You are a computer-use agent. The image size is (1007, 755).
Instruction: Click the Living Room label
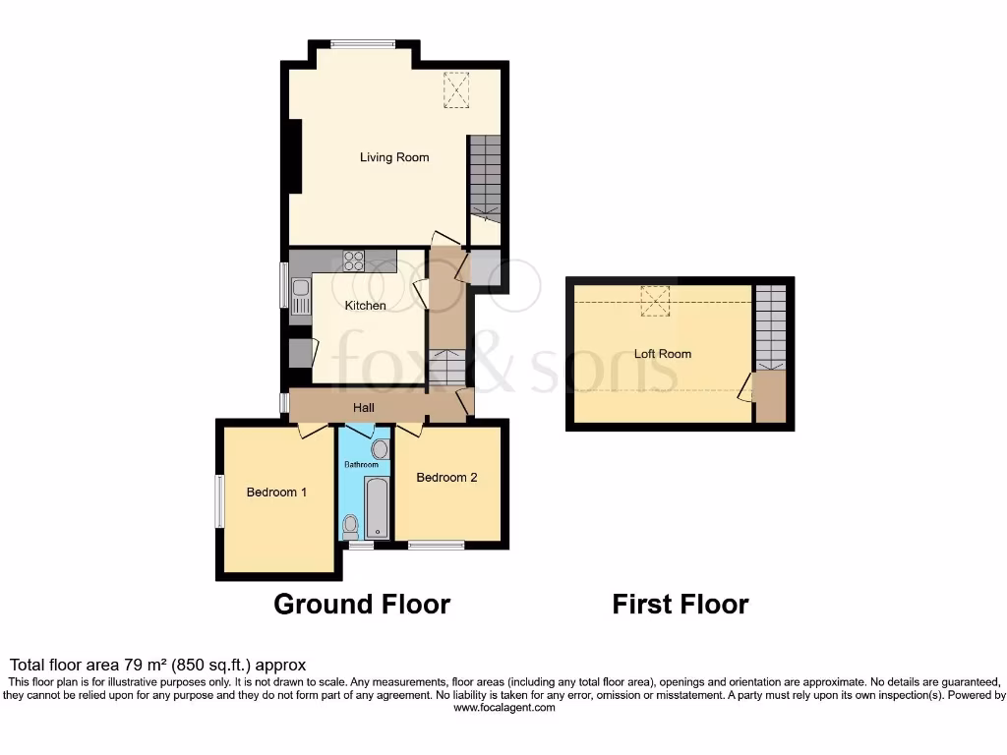(394, 157)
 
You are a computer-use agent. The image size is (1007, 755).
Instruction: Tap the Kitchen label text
(365, 306)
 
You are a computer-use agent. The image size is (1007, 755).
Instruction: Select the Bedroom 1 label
(276, 492)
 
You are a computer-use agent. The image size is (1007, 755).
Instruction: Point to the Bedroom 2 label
(446, 478)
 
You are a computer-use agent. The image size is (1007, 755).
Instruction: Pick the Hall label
(364, 407)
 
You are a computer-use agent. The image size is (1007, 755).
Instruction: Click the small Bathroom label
(361, 464)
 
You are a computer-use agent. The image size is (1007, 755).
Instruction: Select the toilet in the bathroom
(351, 527)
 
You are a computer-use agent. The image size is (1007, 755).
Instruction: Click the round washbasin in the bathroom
(380, 449)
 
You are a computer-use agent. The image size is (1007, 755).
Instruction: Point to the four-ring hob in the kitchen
(353, 261)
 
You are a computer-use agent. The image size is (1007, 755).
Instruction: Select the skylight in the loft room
(654, 301)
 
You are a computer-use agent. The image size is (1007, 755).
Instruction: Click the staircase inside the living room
(484, 177)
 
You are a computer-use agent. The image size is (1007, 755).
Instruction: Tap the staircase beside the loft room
(771, 327)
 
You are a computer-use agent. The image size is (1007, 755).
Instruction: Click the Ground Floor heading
(361, 604)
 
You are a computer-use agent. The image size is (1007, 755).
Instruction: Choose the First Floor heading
(680, 604)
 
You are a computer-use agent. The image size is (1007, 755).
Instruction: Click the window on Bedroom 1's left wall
(219, 501)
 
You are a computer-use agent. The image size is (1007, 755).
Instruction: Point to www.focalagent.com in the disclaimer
(503, 707)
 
